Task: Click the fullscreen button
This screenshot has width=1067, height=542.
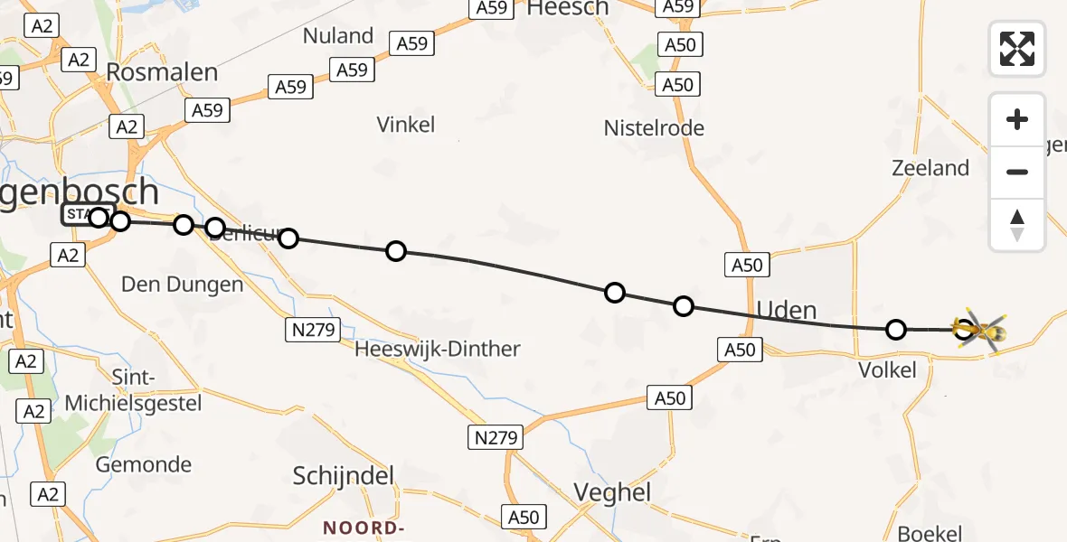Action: coord(1017,49)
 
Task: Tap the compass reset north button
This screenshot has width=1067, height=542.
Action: coord(1017,225)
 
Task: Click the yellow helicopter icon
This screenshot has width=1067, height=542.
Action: coord(979,331)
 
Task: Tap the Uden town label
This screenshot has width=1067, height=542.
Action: coord(786,311)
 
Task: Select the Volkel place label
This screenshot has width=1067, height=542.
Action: coord(888,369)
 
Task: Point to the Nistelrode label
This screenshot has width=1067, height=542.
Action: coord(654,128)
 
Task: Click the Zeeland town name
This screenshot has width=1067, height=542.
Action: coord(930,168)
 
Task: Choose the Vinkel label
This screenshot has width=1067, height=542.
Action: coord(406,125)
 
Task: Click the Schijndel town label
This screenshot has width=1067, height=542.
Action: coord(345,476)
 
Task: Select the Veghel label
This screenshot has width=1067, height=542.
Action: coord(613,492)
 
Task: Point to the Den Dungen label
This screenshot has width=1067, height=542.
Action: coord(183,285)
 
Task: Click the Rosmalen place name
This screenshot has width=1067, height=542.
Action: coord(162,72)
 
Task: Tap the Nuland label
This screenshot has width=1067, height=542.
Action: coord(338,36)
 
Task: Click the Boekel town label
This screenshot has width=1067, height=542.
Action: coord(930,533)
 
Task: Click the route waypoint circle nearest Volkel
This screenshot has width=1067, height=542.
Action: coord(895,330)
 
